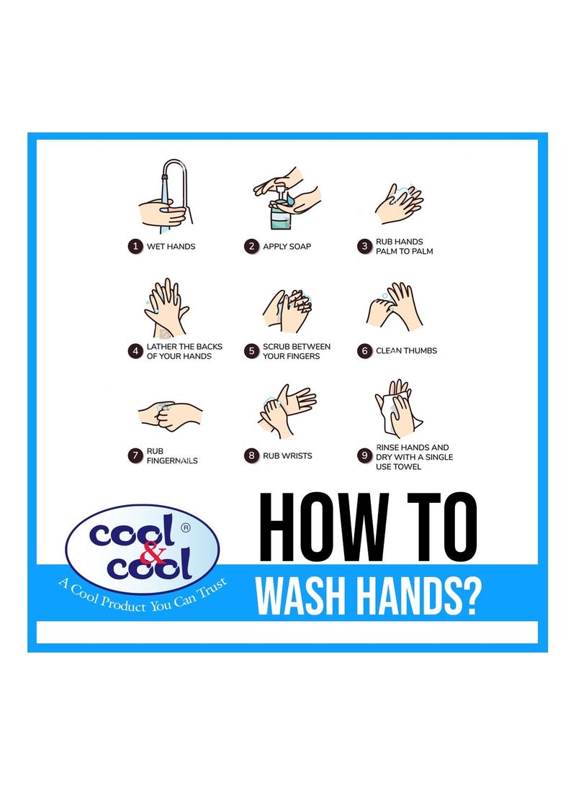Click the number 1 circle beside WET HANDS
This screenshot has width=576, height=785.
pos(134,246)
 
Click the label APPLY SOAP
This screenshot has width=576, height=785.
pos(287,246)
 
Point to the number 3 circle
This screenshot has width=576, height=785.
pos(364,246)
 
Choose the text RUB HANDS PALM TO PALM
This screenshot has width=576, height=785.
pos(404,246)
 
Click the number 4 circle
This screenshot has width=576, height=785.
pos(134,351)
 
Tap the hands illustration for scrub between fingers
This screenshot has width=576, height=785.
pos(287,311)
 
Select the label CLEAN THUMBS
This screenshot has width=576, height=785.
pos(406,351)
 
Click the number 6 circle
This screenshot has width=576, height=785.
pos(364,351)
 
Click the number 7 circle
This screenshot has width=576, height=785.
pos(134,455)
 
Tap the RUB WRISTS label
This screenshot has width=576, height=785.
pos(287,455)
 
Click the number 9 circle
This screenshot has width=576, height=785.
pos(364,455)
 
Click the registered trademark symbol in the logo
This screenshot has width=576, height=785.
pos(186,527)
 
